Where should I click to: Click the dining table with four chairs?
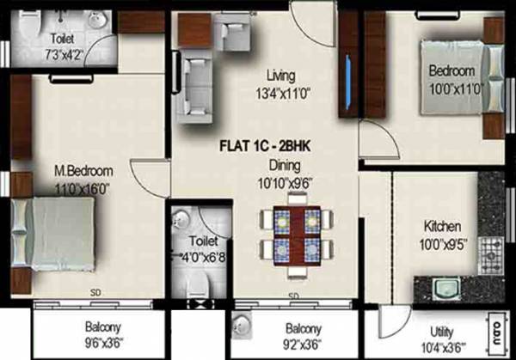(296, 233)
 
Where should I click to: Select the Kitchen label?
(442, 227)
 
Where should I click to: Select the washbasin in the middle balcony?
(243, 327)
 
